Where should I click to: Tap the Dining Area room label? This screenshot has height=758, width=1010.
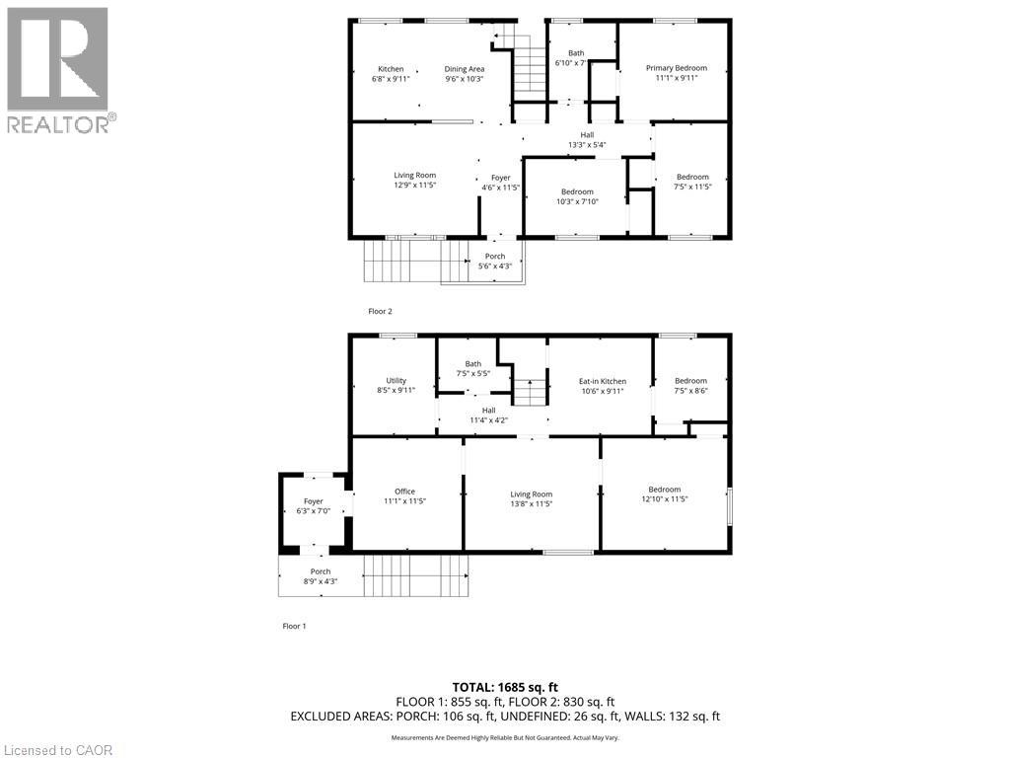(x=465, y=69)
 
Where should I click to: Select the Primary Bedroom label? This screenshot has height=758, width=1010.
(x=677, y=68)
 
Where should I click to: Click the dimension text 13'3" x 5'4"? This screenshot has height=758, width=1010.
(x=587, y=144)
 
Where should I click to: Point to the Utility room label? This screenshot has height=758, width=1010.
(x=396, y=380)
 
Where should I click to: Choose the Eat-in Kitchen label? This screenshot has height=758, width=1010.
(x=602, y=381)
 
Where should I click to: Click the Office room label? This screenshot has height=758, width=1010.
(x=404, y=492)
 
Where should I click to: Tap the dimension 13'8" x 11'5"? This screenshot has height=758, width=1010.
(x=532, y=503)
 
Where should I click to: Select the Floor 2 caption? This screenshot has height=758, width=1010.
(x=380, y=311)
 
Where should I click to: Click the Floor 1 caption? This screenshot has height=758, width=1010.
(x=295, y=626)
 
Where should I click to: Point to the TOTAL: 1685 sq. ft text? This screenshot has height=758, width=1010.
(x=505, y=687)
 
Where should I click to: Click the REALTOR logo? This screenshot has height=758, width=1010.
(x=58, y=69)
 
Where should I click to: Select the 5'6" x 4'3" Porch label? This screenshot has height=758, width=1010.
(x=494, y=265)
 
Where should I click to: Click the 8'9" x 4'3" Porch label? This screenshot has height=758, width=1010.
(x=321, y=581)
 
